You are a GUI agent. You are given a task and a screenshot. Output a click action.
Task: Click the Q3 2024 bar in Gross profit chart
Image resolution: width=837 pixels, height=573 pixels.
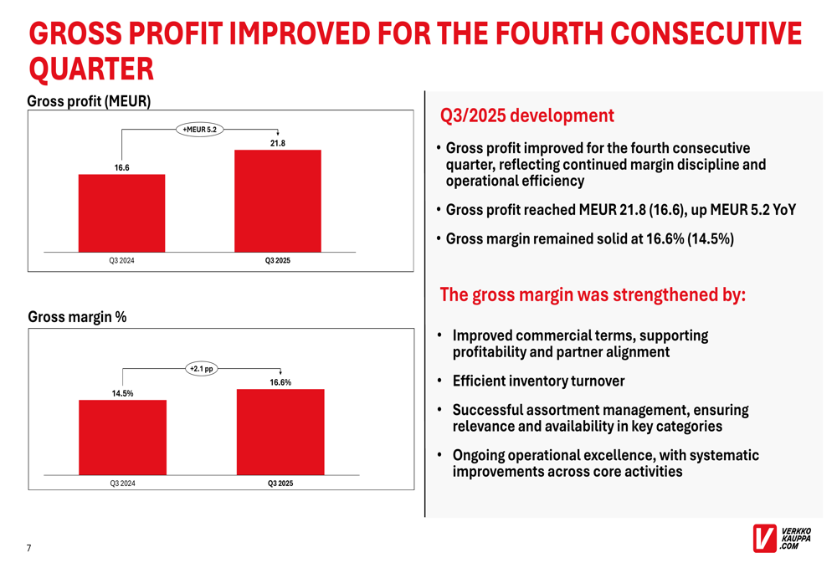tap(121, 212)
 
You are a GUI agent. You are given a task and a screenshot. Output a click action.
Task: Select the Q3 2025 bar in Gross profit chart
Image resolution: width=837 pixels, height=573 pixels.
tap(277, 201)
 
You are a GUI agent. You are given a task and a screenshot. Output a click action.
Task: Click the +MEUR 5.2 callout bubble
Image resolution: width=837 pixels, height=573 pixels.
tap(199, 129)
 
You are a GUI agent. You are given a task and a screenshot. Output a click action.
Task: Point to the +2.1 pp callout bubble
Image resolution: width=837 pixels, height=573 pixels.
tap(201, 368)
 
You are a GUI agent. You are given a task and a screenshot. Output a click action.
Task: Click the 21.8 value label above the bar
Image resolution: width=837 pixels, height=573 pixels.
tap(277, 143)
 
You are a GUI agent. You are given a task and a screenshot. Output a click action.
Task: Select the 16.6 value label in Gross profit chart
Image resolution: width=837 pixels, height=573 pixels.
tap(122, 167)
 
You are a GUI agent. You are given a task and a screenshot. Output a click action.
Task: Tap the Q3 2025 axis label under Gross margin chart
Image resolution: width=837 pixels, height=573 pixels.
tap(280, 483)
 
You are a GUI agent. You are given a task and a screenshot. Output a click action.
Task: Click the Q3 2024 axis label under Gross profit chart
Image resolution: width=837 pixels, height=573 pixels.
tap(122, 261)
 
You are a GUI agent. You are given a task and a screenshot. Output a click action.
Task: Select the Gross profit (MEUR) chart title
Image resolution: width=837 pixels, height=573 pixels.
tap(89, 102)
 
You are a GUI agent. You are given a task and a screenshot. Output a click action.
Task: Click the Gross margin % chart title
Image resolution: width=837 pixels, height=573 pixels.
tap(77, 317)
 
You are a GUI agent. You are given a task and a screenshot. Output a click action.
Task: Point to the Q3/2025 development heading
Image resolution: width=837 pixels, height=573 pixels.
tap(526, 115)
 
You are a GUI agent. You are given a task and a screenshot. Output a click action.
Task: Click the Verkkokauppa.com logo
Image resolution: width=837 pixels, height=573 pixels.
tap(782, 539)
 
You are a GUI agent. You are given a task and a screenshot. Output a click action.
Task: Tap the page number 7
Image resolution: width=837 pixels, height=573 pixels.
tap(29, 548)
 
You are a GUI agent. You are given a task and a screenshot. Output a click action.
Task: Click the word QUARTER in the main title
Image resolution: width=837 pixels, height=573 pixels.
tap(91, 66)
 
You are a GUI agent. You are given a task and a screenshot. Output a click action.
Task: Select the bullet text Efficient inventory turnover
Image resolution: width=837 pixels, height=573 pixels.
tap(538, 381)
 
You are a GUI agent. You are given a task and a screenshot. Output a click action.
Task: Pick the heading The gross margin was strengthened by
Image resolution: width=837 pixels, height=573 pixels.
tap(592, 294)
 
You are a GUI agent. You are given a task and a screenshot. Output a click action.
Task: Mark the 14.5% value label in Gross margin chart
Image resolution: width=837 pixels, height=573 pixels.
tap(122, 392)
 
